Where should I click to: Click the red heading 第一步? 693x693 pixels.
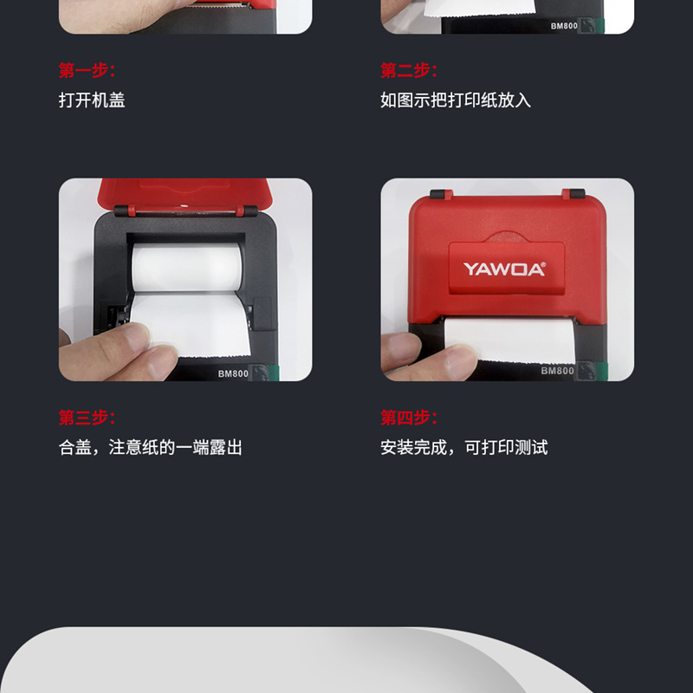point(87,70)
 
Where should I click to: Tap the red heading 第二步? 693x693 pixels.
point(409,70)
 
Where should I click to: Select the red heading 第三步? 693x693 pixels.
point(87,418)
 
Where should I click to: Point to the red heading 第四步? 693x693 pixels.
point(409,418)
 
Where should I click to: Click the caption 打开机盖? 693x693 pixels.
point(92,100)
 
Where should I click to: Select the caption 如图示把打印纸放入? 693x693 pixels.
point(456,100)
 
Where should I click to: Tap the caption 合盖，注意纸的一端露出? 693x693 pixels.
point(150,447)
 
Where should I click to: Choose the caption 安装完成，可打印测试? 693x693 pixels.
point(464,447)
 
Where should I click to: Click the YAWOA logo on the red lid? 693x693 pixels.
point(504,269)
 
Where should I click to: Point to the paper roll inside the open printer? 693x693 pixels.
point(186,267)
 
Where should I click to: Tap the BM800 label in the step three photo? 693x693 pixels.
point(233,374)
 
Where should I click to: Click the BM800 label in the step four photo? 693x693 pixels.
point(557,371)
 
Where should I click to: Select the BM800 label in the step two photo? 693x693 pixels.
point(564,26)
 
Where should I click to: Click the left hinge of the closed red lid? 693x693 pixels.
point(441,194)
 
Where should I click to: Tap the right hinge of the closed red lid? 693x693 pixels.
point(573,193)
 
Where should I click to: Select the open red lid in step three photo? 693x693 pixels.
point(185,194)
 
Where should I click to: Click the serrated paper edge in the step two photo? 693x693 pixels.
point(480,15)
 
